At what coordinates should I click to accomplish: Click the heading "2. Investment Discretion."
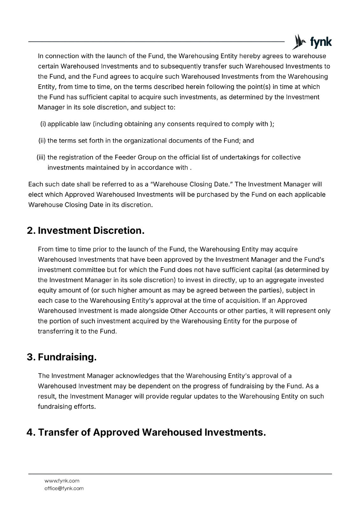(86, 231)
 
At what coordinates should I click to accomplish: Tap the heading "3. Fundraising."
(62, 357)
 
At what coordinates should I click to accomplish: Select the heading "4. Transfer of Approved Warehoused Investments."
(146, 433)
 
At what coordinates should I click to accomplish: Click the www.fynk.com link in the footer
(62, 481)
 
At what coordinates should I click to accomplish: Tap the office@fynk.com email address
(64, 488)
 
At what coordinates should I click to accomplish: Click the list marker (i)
(43, 124)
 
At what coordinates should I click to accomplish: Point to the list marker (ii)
(42, 141)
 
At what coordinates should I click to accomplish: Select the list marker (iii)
(41, 157)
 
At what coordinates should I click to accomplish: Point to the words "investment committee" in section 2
(71, 270)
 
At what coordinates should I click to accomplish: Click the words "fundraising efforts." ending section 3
(67, 407)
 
